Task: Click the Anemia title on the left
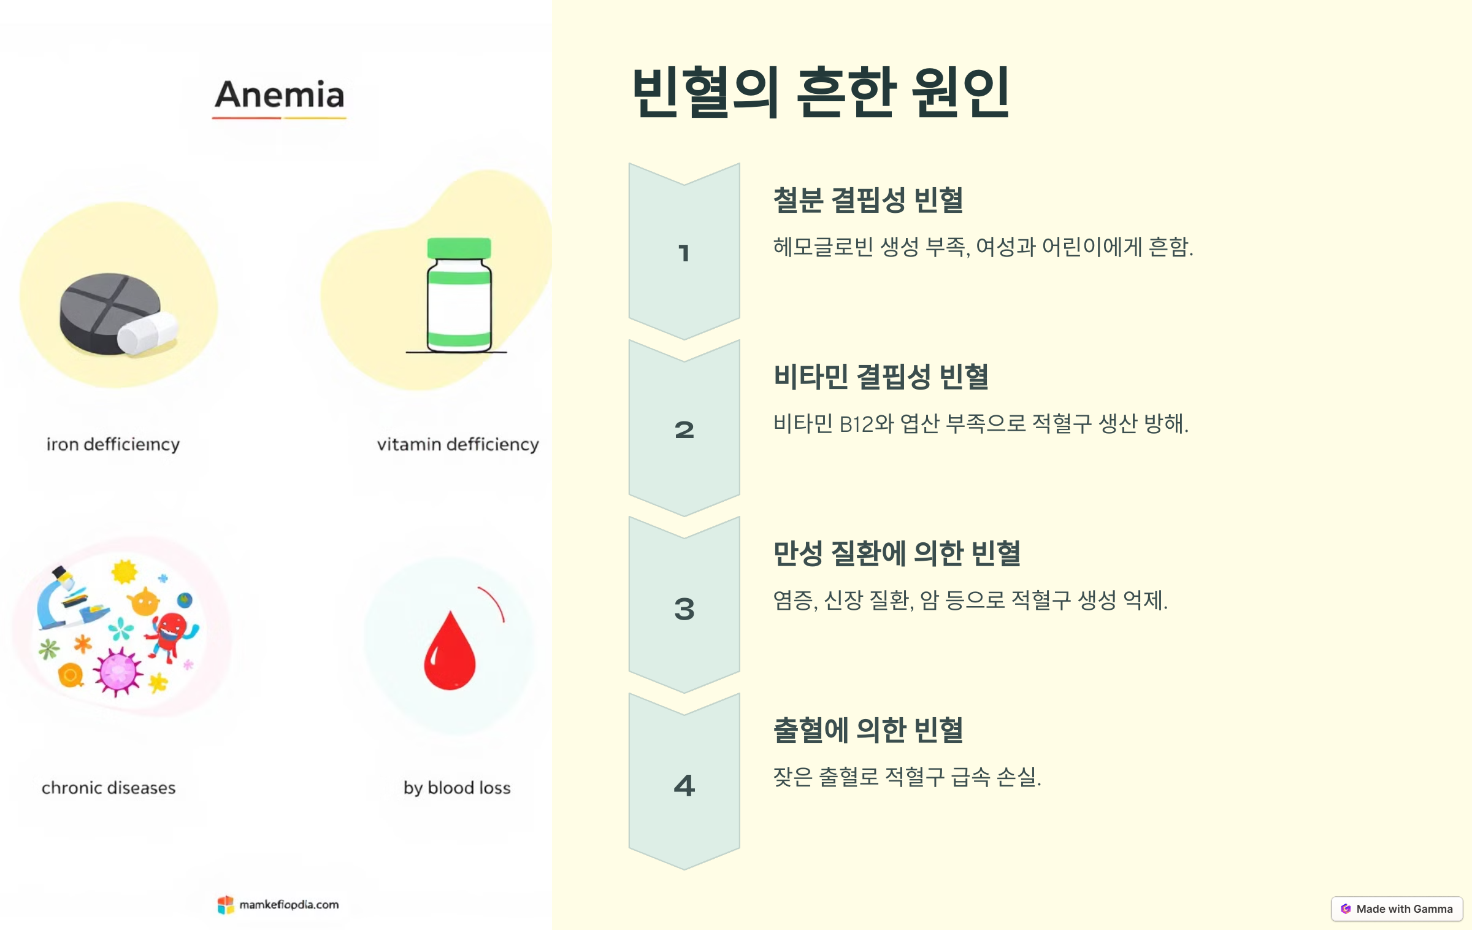click(280, 95)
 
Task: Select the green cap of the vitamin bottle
click(459, 248)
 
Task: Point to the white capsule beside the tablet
click(147, 334)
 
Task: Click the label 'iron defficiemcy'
click(113, 444)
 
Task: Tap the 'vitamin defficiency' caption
click(458, 444)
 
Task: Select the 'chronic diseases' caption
click(109, 788)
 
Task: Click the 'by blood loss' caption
click(457, 788)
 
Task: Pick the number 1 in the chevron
click(684, 253)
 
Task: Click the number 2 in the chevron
click(684, 429)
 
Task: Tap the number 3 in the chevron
click(684, 609)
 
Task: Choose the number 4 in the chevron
click(684, 785)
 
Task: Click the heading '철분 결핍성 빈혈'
click(868, 200)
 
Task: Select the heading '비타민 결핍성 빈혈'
click(881, 377)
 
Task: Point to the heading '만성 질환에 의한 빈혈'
click(897, 553)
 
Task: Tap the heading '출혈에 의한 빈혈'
click(868, 730)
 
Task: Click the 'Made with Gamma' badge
click(1397, 909)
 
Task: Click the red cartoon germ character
click(171, 635)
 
